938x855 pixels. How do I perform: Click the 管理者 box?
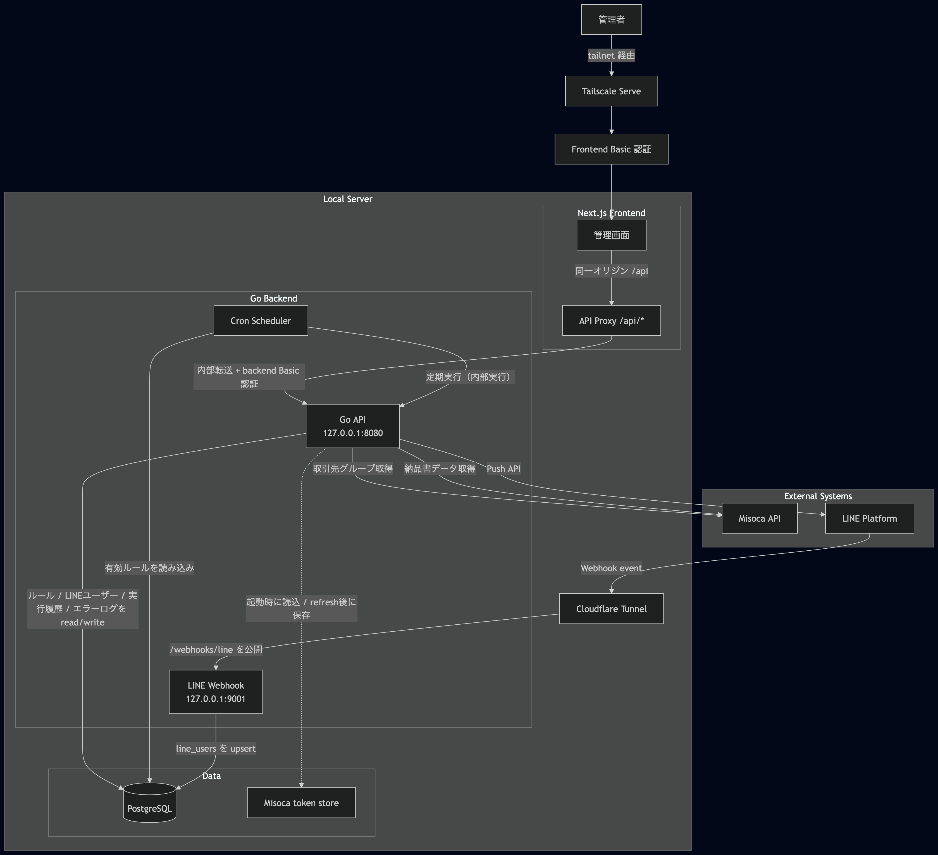(x=611, y=20)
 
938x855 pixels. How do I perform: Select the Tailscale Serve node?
(x=611, y=91)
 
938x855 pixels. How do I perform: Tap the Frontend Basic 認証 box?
(x=611, y=149)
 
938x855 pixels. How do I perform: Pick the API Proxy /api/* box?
(x=611, y=321)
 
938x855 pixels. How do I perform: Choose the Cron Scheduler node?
(x=261, y=321)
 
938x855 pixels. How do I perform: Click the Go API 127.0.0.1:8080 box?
(x=353, y=426)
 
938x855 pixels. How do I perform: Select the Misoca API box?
(x=759, y=518)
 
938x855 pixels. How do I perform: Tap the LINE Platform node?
(x=869, y=518)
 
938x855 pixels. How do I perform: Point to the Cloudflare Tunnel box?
(x=611, y=608)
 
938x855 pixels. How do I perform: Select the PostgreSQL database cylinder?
(x=149, y=804)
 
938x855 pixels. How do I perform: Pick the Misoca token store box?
(x=301, y=803)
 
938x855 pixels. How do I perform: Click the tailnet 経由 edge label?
(x=611, y=55)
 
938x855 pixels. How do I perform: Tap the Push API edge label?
(x=503, y=469)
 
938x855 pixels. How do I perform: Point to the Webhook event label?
(x=611, y=568)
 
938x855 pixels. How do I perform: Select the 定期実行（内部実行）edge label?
(x=470, y=377)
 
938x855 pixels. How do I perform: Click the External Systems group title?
(x=817, y=496)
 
